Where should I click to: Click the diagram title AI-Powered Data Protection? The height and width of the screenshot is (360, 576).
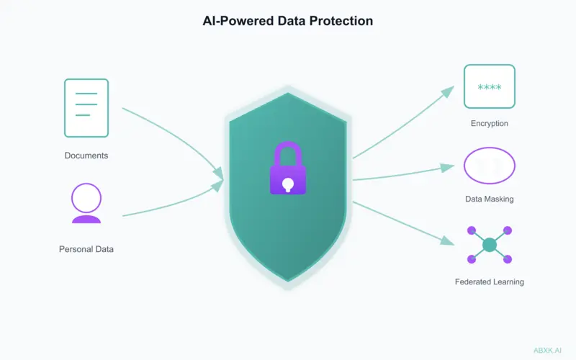point(288,21)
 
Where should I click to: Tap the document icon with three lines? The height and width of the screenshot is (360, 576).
point(86,108)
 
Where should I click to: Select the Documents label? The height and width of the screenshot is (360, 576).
point(86,156)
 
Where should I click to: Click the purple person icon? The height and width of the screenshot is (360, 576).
point(86,203)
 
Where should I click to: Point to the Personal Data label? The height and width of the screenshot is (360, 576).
point(86,249)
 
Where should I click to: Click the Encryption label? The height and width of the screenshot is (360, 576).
point(490,124)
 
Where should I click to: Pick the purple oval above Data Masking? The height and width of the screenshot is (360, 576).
point(490,166)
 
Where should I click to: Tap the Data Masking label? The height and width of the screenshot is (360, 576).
point(490,199)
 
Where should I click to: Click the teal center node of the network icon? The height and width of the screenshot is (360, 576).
point(490,245)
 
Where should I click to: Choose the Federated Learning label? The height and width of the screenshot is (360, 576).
point(490,282)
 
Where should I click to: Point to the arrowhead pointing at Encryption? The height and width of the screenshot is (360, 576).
point(448,91)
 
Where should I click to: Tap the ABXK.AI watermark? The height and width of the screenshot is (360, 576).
point(547,349)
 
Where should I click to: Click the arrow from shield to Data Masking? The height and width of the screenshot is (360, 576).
point(400,174)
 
